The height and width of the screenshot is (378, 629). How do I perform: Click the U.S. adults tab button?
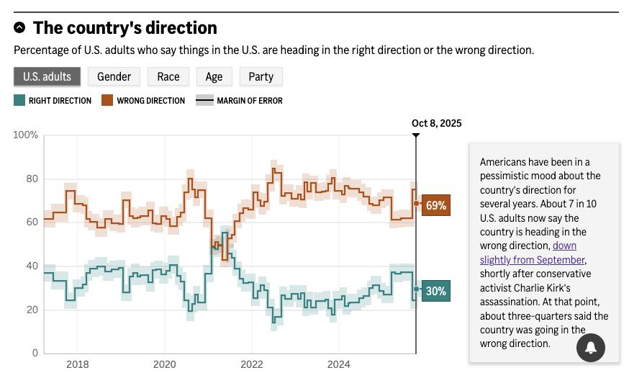point(47,76)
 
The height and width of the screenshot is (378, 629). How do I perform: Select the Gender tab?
point(114,76)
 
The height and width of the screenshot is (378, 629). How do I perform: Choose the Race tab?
point(168,76)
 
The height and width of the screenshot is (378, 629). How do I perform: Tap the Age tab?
point(214,76)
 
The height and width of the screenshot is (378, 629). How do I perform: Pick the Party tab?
point(261,76)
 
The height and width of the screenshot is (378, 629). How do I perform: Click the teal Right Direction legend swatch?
point(19,101)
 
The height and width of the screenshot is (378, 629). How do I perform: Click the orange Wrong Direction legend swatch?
point(107,101)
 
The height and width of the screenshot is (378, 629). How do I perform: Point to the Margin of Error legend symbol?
point(205,101)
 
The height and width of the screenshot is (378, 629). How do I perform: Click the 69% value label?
point(435,205)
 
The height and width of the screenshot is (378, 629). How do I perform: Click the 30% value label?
point(435,291)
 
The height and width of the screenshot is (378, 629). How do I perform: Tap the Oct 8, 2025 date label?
point(436,123)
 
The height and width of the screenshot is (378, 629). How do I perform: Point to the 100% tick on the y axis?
point(26,135)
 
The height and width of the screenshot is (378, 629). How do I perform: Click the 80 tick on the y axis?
point(32,179)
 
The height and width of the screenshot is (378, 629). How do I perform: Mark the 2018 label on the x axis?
point(78,364)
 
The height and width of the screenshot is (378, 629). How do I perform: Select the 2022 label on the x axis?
point(252,364)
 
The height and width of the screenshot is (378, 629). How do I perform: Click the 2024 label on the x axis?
point(339,364)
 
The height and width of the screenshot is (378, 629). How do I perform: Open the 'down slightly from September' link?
point(533,259)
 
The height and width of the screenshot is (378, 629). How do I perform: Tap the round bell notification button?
point(590,348)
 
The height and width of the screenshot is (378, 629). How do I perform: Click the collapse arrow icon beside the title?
point(19,28)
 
